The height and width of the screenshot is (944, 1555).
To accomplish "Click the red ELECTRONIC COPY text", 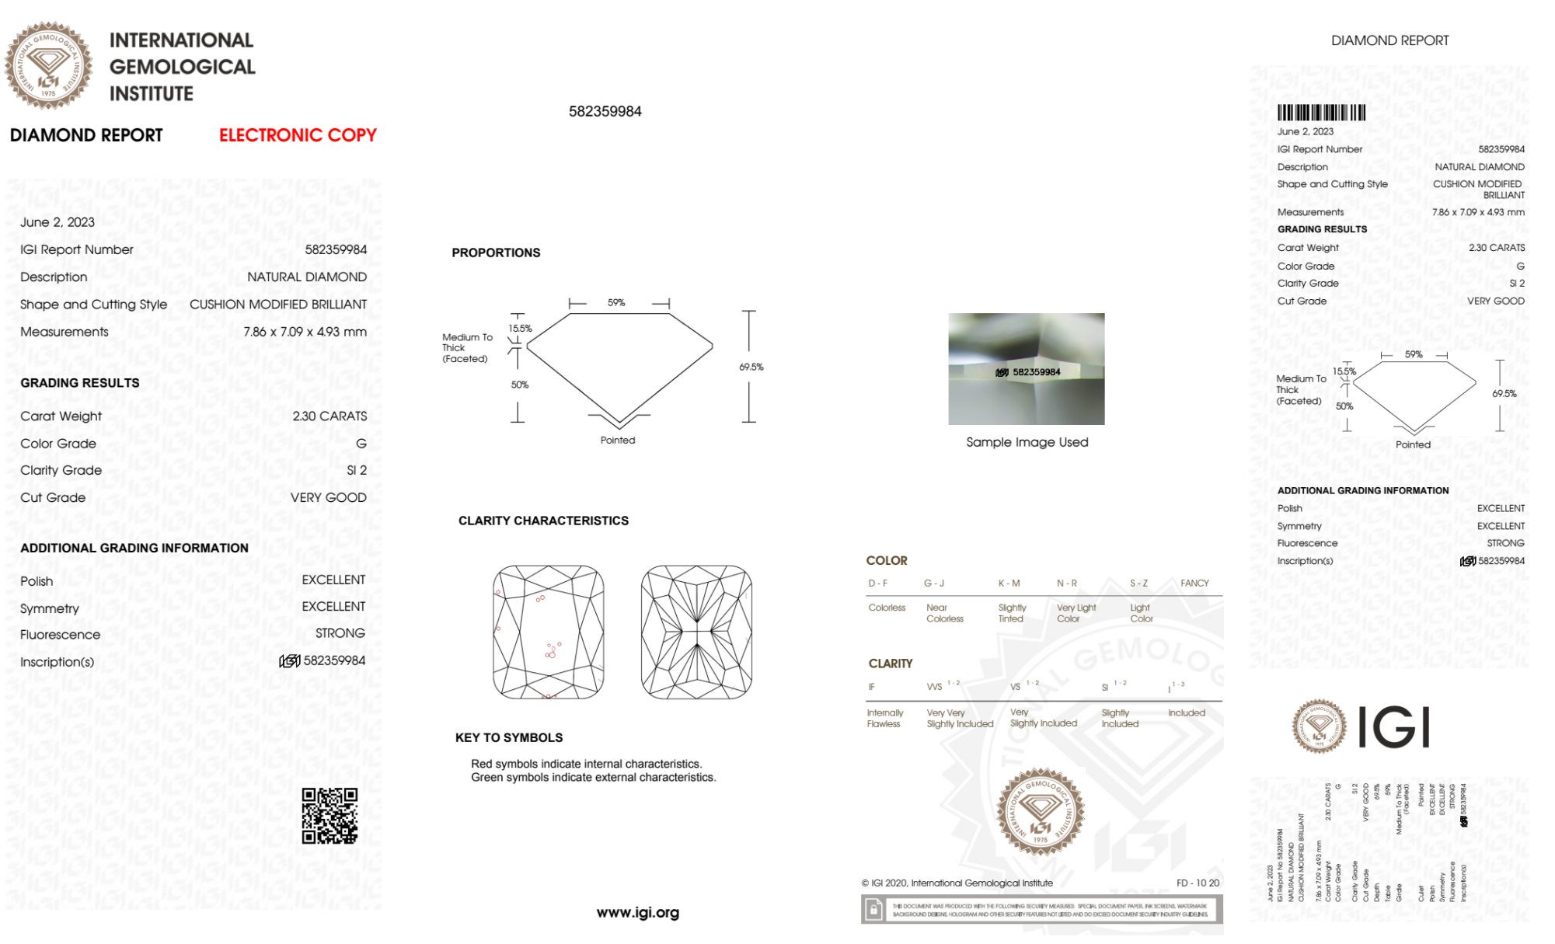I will tap(298, 135).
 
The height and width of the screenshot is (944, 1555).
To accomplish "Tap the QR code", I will tap(329, 816).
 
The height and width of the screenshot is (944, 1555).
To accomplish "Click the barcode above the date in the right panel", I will tap(1321, 113).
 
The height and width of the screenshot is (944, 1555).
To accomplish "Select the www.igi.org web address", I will tap(637, 913).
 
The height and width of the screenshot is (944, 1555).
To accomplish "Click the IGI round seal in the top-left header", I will tap(48, 65).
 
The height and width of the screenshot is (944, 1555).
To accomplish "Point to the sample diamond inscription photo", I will tap(1026, 369).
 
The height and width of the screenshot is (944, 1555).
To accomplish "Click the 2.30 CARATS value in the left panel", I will tap(329, 416).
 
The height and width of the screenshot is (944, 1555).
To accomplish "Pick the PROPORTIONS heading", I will tap(496, 253).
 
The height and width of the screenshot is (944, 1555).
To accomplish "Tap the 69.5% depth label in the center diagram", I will tap(751, 367).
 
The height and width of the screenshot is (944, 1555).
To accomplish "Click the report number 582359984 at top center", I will tap(605, 111).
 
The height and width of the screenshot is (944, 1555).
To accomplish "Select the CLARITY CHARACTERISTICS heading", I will tap(543, 521).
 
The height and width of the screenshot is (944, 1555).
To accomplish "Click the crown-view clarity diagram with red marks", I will tap(549, 632).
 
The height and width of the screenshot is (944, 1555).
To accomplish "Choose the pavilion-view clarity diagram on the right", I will tap(696, 632).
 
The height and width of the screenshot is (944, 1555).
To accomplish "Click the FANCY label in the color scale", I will tap(1194, 583).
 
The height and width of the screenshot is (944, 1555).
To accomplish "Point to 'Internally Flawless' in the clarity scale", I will tap(884, 718).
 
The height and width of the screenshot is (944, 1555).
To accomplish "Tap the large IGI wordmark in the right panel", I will tap(1394, 727).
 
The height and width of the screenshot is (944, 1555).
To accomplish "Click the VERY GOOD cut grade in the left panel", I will tap(328, 497).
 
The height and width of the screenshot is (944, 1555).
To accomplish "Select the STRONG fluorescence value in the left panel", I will tap(340, 633).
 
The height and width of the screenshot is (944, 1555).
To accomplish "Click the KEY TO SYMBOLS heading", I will tap(509, 737).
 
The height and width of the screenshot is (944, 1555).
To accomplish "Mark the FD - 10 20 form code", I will tap(1198, 883).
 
